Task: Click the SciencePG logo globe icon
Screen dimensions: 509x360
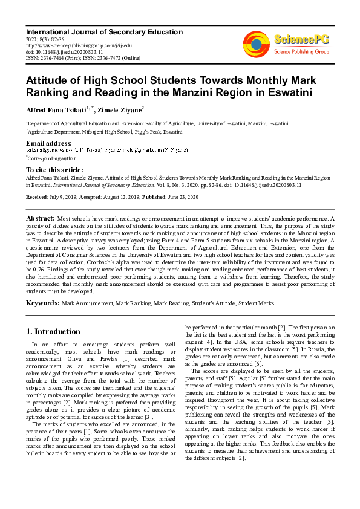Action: pyautogui.click(x=257, y=43)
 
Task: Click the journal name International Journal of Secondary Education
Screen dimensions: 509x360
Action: pyautogui.click(x=104, y=31)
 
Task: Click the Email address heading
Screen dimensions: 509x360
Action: pyautogui.click(x=49, y=143)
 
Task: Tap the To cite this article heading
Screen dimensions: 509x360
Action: pyautogui.click(x=54, y=170)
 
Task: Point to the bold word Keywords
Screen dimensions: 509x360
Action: pyautogui.click(x=42, y=302)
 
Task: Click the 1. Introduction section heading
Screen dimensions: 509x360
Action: pyautogui.click(x=53, y=331)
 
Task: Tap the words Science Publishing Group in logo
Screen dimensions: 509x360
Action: pyautogui.click(x=301, y=52)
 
